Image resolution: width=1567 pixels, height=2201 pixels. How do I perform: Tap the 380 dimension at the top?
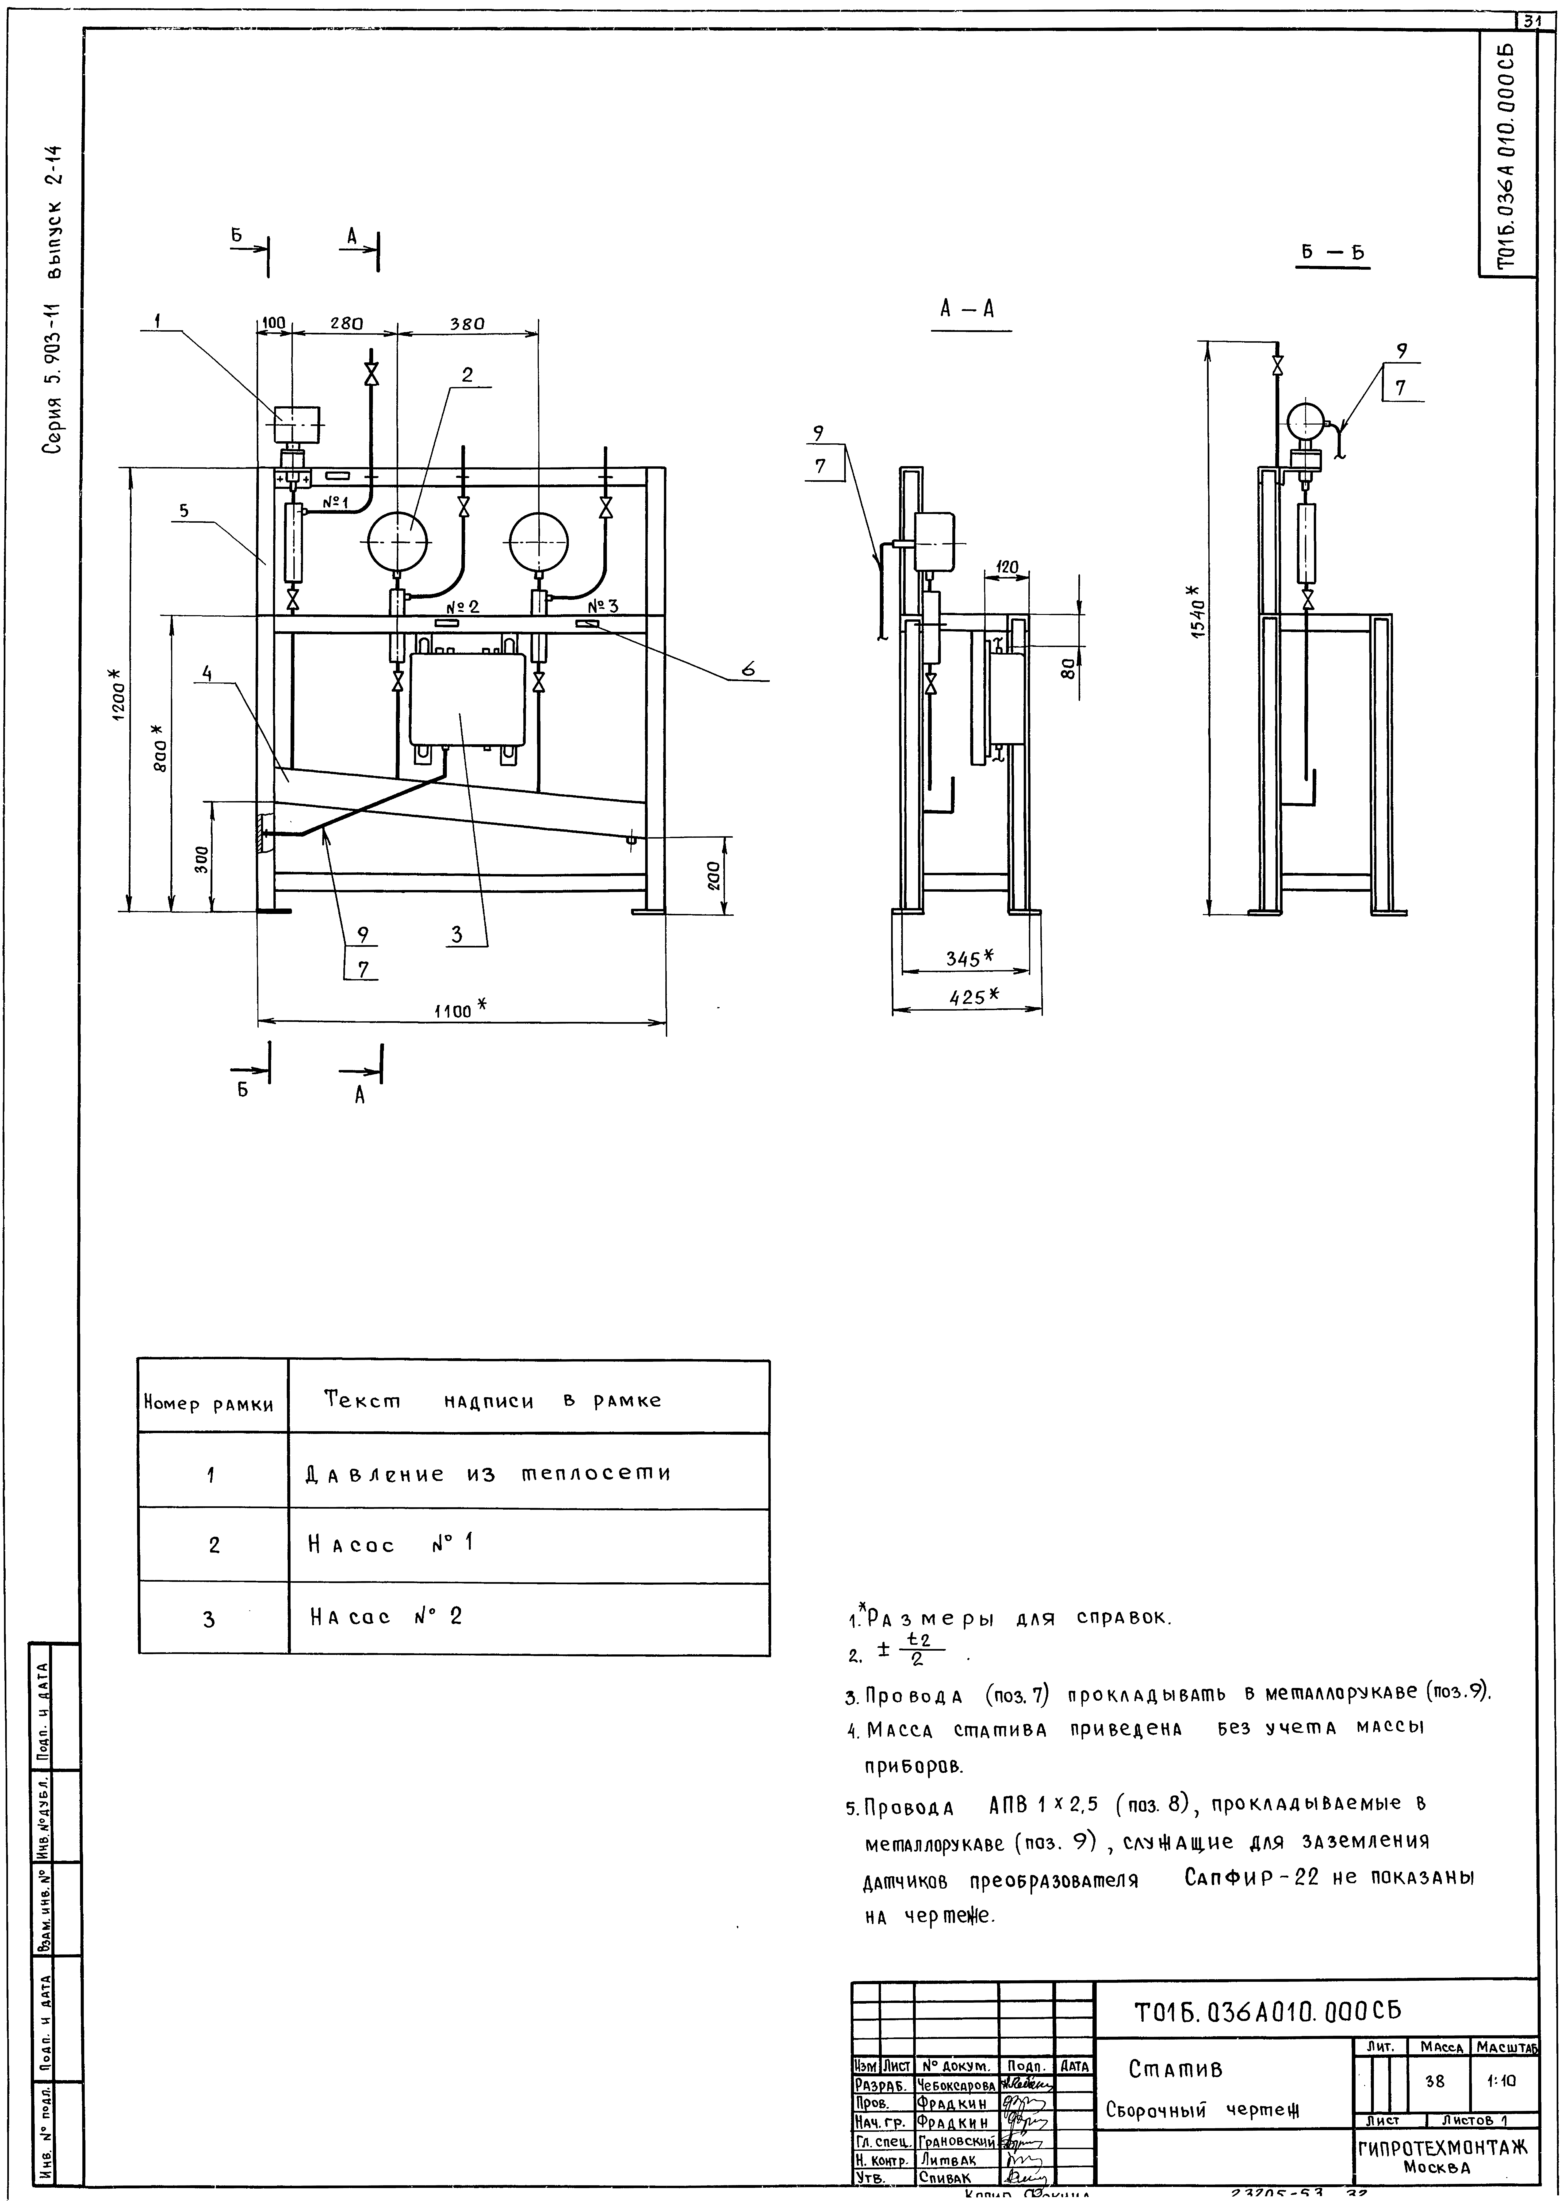466,324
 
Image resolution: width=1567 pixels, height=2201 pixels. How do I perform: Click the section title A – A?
968,309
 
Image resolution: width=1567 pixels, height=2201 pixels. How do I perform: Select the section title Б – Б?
1331,253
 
